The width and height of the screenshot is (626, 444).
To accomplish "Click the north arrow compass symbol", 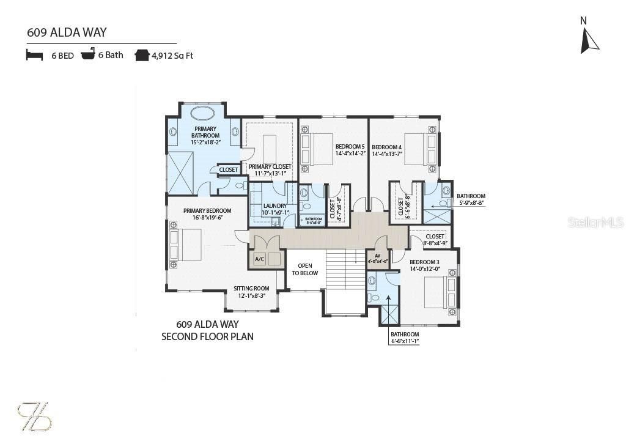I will [x=589, y=38].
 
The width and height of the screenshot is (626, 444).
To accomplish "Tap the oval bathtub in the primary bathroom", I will [x=202, y=113].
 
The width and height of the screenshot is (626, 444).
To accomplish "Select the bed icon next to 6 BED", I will [x=34, y=55].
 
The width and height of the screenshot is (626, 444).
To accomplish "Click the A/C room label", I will [x=259, y=259].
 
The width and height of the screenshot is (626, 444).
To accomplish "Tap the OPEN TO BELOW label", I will [x=304, y=270].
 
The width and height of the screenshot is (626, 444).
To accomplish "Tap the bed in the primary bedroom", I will [x=186, y=245].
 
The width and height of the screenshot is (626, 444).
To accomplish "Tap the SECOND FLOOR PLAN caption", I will [x=207, y=336].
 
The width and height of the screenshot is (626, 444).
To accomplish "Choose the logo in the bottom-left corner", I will [x=34, y=416].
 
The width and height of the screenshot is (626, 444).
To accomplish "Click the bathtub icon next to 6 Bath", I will [x=88, y=55].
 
